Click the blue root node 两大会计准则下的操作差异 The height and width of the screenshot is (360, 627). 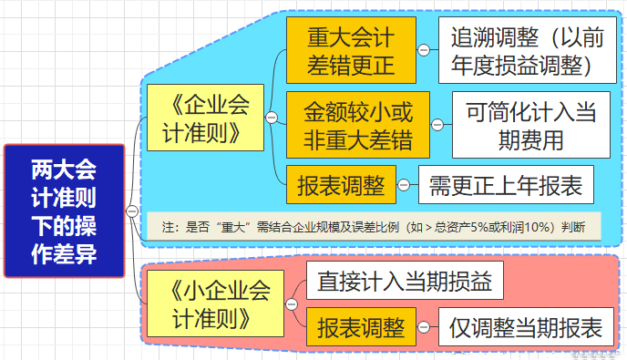coord(63,211)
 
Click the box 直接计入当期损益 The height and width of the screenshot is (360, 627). coord(405,282)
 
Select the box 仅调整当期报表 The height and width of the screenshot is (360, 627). coord(526,327)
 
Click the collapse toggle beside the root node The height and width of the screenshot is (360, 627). coord(133,211)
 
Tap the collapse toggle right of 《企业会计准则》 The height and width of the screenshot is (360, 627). coord(271,118)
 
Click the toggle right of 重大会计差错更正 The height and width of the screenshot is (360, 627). coord(423,51)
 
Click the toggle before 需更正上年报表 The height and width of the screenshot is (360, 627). coord(403,186)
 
